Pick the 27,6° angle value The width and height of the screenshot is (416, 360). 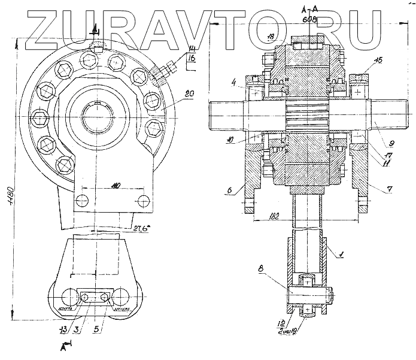(x=141, y=228)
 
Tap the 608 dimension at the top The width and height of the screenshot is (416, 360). (x=309, y=20)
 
